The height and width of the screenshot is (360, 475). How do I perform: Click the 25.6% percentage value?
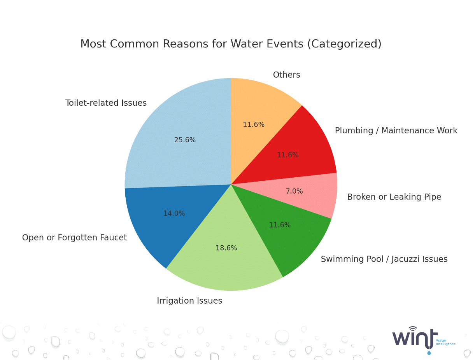(x=185, y=140)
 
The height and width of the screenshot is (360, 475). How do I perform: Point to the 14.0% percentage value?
(x=174, y=213)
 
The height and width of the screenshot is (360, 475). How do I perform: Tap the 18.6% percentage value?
(x=226, y=248)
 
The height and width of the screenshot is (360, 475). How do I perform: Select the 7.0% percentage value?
(x=294, y=191)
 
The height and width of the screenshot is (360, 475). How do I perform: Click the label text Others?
(x=286, y=75)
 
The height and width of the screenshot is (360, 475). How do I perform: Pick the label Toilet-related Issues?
(x=106, y=103)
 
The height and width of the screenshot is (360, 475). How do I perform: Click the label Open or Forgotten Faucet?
(x=74, y=238)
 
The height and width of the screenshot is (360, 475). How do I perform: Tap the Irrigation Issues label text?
(x=189, y=301)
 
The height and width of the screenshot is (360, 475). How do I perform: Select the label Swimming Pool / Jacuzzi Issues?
(x=384, y=259)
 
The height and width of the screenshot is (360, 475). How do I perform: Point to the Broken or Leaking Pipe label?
(x=394, y=197)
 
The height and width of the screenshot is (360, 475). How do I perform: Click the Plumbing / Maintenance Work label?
(x=396, y=131)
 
